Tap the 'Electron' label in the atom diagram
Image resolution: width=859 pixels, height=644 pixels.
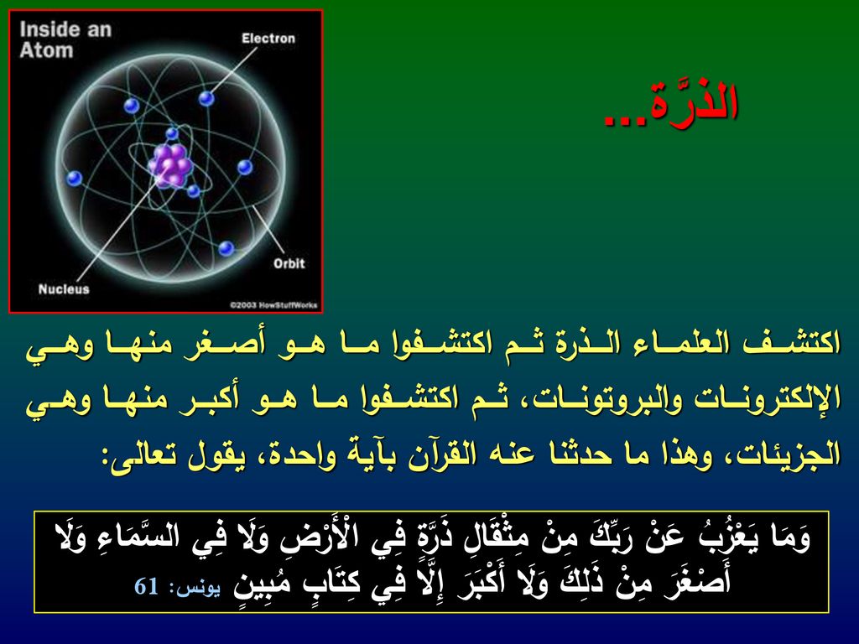click(x=268, y=39)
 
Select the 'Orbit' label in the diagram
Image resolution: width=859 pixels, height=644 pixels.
click(x=289, y=263)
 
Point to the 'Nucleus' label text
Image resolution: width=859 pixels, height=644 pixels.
click(x=64, y=288)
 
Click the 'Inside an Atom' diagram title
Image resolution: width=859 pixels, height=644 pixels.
click(x=65, y=39)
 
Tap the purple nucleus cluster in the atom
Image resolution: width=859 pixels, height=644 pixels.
click(x=169, y=165)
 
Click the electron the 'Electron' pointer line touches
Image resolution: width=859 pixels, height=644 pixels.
click(x=206, y=99)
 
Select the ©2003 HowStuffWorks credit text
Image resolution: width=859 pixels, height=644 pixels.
click(x=273, y=305)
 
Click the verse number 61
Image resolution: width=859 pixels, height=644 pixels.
click(x=147, y=586)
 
